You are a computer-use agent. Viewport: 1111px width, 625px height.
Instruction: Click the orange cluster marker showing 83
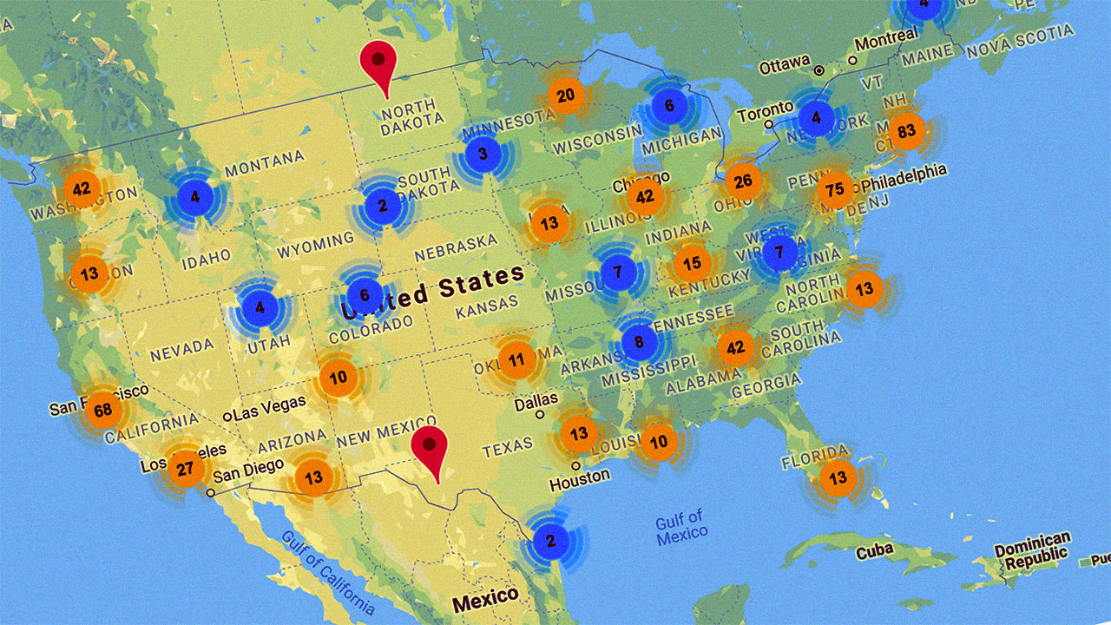[907, 132]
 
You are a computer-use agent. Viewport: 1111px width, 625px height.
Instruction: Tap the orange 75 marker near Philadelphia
[835, 190]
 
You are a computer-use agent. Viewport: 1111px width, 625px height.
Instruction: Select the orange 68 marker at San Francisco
[103, 410]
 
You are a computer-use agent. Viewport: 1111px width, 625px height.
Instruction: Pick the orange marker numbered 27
[185, 469]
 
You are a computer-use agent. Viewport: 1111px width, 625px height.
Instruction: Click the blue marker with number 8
[639, 342]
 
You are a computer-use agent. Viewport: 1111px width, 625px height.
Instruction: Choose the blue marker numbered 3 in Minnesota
[482, 155]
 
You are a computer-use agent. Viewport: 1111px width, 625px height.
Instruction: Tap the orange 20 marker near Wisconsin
[565, 96]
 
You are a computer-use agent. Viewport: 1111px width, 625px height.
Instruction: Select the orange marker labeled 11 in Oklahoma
[516, 359]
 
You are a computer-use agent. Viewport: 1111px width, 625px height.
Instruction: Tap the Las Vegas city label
[269, 405]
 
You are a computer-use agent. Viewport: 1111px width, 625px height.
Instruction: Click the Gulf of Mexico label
[681, 530]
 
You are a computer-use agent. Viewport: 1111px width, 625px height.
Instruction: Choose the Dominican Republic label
[1032, 550]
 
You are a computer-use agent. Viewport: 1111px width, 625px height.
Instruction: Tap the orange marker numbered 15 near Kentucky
[692, 264]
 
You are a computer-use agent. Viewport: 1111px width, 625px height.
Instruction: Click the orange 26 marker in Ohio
[743, 181]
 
